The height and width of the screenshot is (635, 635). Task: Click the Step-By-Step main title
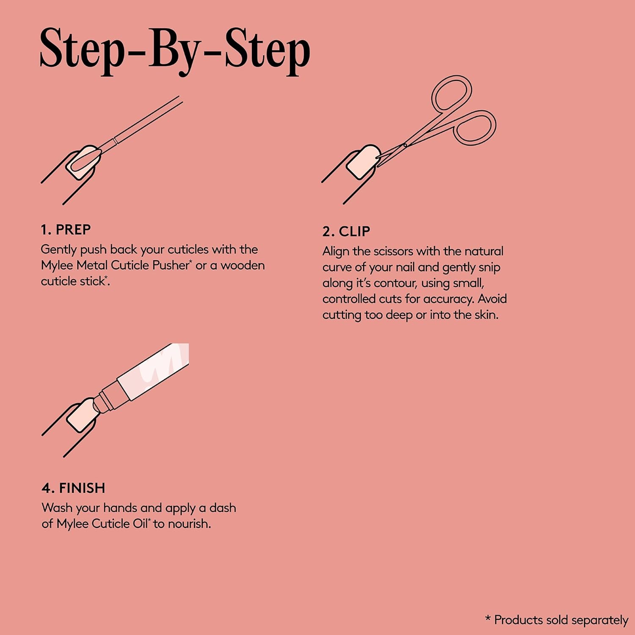pyautogui.click(x=175, y=51)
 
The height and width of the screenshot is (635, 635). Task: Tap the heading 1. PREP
pyautogui.click(x=66, y=229)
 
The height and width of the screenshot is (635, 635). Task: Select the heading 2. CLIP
pyautogui.click(x=346, y=231)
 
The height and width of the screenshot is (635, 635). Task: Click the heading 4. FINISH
pyautogui.click(x=73, y=488)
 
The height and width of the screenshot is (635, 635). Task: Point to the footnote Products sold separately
pyautogui.click(x=556, y=620)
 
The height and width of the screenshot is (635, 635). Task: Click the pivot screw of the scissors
pyautogui.click(x=405, y=145)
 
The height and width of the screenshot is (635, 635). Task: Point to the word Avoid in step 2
pyautogui.click(x=492, y=299)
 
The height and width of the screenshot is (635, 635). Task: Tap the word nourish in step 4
pyautogui.click(x=189, y=524)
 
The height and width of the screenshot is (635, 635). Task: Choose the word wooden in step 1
pyautogui.click(x=243, y=265)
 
